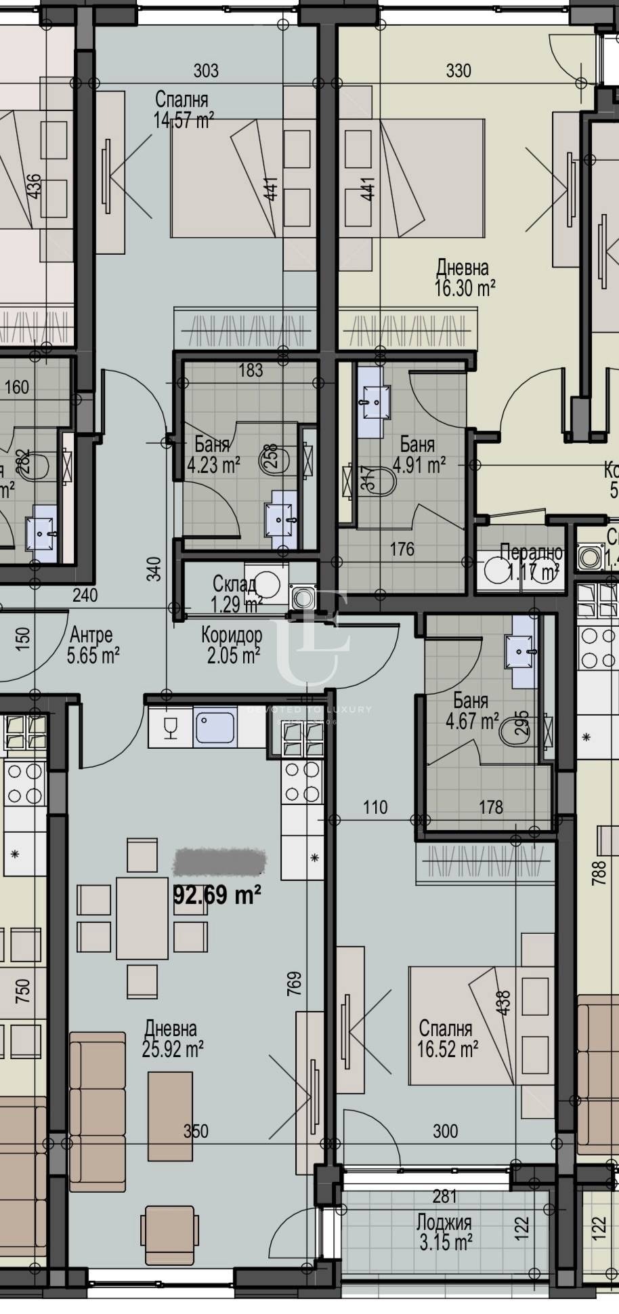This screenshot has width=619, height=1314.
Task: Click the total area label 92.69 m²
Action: click(x=218, y=895)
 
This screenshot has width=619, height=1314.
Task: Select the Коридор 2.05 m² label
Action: click(x=232, y=645)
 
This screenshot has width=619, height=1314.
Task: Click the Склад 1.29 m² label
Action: click(x=235, y=594)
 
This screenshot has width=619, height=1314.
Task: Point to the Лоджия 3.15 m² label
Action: click(x=444, y=1233)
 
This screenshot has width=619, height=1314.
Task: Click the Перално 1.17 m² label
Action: click(x=532, y=562)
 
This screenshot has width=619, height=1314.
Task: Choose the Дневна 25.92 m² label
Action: click(x=173, y=1038)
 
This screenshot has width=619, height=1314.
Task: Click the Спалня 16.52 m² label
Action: click(x=447, y=1038)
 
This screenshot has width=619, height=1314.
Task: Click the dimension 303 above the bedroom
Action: click(x=206, y=70)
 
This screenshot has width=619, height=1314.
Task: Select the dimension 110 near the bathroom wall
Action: click(x=375, y=806)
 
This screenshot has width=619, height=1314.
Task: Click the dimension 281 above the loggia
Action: click(x=444, y=1196)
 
